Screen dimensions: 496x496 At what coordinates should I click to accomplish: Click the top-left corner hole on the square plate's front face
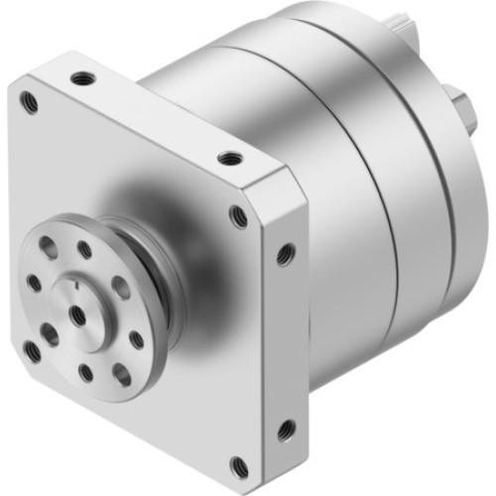click(30, 99)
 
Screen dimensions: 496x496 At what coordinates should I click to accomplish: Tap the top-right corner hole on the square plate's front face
click(238, 217)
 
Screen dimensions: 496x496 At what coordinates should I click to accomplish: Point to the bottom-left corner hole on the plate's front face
click(33, 350)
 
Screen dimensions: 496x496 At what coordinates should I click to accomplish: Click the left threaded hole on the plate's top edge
click(78, 76)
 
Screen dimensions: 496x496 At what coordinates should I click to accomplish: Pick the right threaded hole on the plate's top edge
click(229, 158)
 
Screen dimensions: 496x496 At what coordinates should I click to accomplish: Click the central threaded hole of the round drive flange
click(76, 315)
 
